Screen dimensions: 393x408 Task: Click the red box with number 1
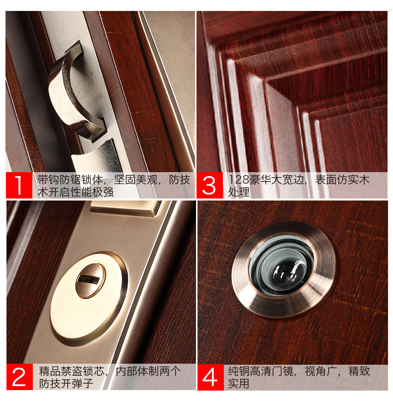click(19, 185)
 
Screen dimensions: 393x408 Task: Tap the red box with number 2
click(20, 377)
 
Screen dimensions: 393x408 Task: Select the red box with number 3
click(209, 185)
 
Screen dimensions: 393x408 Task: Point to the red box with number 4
click(210, 377)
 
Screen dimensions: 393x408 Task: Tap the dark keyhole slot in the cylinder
click(89, 280)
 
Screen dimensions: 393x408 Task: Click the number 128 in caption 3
click(239, 180)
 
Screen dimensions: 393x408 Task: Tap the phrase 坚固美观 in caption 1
click(135, 180)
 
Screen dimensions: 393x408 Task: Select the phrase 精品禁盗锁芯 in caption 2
click(72, 371)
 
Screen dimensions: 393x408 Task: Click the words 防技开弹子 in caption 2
click(66, 383)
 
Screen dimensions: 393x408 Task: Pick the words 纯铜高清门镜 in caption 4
click(261, 371)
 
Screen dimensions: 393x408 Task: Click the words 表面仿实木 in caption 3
click(342, 180)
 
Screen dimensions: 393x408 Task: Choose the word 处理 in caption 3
click(239, 192)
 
